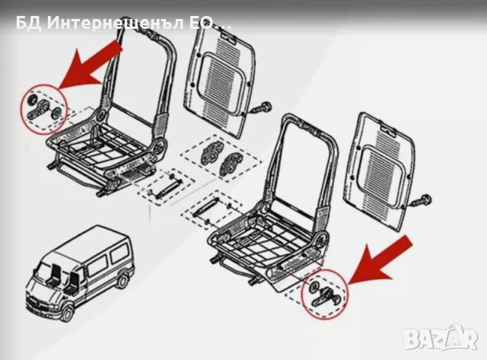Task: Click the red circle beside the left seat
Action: click(42, 107)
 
